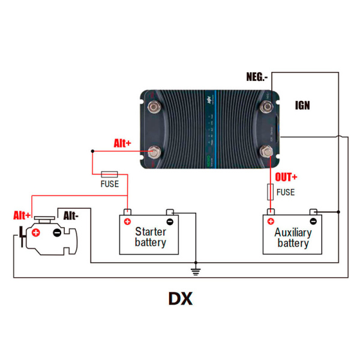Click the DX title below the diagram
[180, 298]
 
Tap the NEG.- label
[257, 77]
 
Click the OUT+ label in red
[286, 177]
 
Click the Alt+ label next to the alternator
[23, 215]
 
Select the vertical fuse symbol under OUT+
[270, 192]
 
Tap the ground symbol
[195, 271]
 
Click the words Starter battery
[150, 237]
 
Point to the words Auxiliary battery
[293, 238]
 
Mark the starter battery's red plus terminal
[127, 221]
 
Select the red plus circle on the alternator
[36, 232]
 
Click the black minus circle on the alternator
[56, 232]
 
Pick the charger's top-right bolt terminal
[267, 107]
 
